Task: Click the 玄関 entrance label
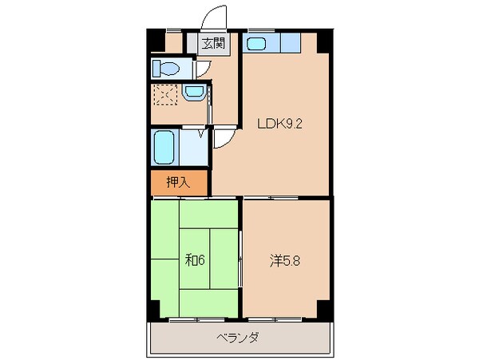point(212,44)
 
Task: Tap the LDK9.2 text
point(279,124)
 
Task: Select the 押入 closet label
point(177,182)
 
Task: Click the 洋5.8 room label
point(285,259)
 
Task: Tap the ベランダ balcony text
point(237,338)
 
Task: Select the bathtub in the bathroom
point(165,148)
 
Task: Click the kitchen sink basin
point(257,44)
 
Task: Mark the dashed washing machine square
point(165,97)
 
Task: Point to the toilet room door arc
point(203,67)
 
